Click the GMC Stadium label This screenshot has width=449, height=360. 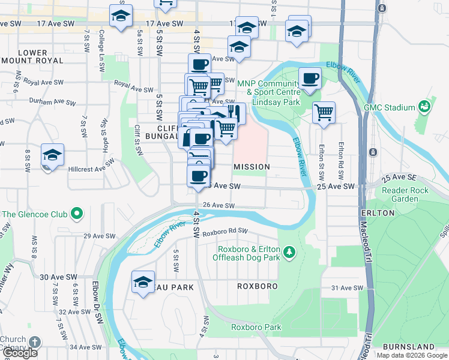(x=390, y=107)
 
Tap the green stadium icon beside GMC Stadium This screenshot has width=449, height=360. (x=425, y=106)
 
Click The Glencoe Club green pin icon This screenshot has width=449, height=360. (x=77, y=214)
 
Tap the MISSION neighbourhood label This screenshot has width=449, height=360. (x=252, y=166)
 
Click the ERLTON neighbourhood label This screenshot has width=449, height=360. (x=378, y=213)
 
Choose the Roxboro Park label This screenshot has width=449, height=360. (x=256, y=328)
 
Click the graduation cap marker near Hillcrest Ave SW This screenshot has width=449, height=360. (x=52, y=155)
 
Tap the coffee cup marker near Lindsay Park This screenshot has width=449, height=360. (x=310, y=79)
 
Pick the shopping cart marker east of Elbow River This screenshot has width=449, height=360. (x=324, y=112)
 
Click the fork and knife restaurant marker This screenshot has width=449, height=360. (x=234, y=113)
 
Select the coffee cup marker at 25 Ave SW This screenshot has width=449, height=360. (x=199, y=176)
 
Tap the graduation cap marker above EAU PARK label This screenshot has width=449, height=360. (x=143, y=282)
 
